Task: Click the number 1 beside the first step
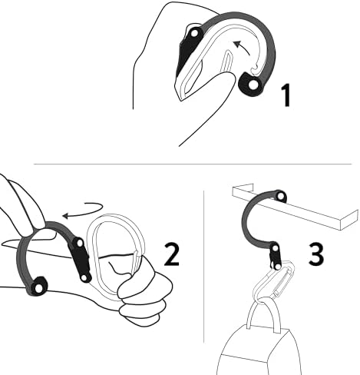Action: coord(284,96)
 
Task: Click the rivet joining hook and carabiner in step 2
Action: coord(80,244)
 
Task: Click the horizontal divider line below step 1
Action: coord(192,164)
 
